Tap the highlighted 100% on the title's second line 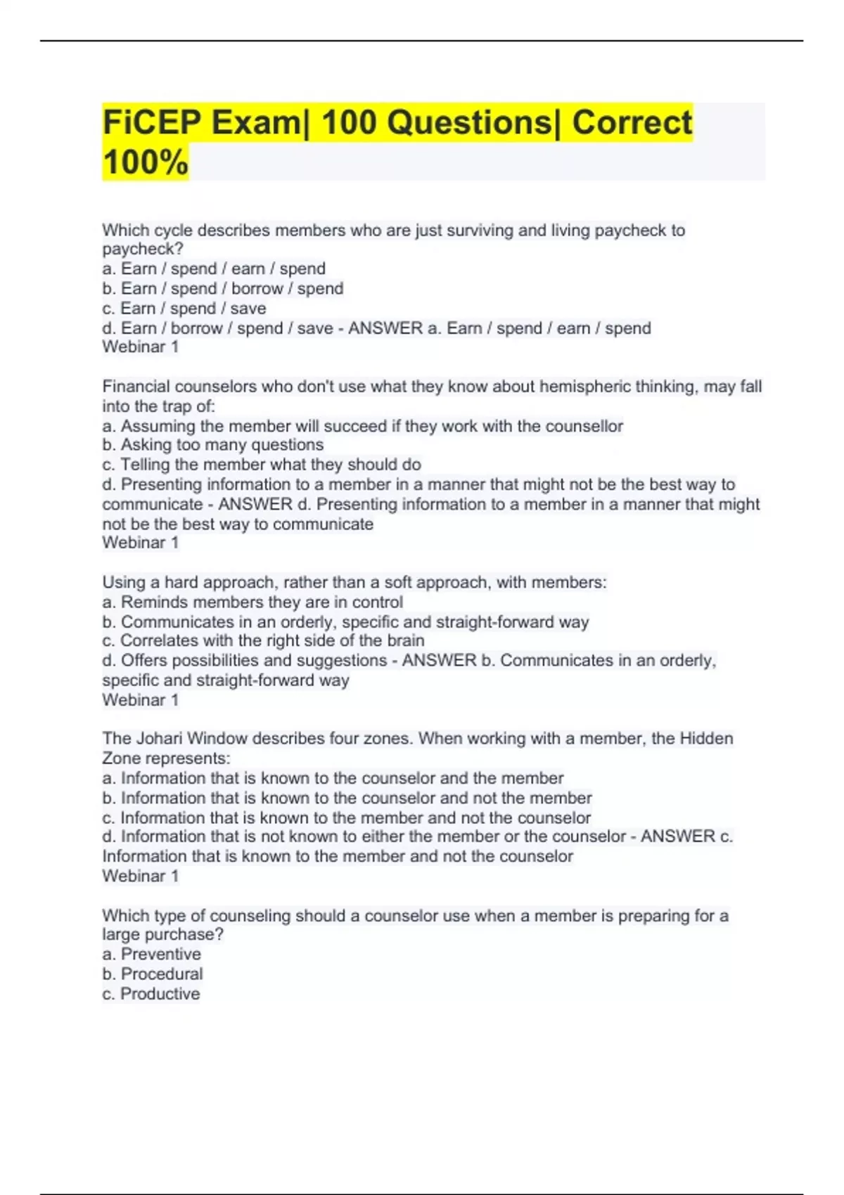click(x=146, y=162)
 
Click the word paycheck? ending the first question click(x=143, y=249)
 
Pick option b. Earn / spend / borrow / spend click(x=223, y=288)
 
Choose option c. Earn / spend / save click(x=184, y=309)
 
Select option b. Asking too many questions click(x=213, y=445)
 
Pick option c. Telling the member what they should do click(x=262, y=465)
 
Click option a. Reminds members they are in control click(x=252, y=602)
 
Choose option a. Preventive click(x=152, y=954)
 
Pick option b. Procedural click(x=153, y=974)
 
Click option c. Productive click(x=151, y=994)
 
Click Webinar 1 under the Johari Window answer click(x=140, y=876)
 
